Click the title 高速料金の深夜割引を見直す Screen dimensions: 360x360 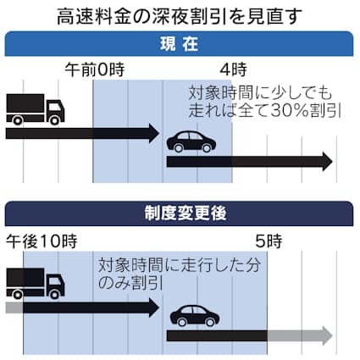[180, 17]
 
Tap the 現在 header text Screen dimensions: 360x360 [179, 44]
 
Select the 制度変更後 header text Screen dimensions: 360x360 [186, 213]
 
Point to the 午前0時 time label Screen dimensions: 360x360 [95, 69]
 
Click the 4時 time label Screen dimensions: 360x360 [233, 69]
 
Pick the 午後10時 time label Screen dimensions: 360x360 [42, 241]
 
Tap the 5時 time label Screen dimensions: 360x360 [269, 241]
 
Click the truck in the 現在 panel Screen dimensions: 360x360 [36, 109]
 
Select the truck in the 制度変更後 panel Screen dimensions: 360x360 [36, 284]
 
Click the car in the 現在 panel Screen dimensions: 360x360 [191, 141]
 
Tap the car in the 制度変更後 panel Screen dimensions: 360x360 [195, 316]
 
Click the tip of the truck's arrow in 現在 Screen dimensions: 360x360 [159, 133]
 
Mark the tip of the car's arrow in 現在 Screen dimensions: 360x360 [333, 161]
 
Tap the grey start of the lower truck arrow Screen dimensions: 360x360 [14, 307]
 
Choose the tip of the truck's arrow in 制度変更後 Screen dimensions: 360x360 [159, 307]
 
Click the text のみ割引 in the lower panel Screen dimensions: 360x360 [130, 284]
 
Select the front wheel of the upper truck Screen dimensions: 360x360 [54, 120]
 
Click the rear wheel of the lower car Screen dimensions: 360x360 [182, 322]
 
